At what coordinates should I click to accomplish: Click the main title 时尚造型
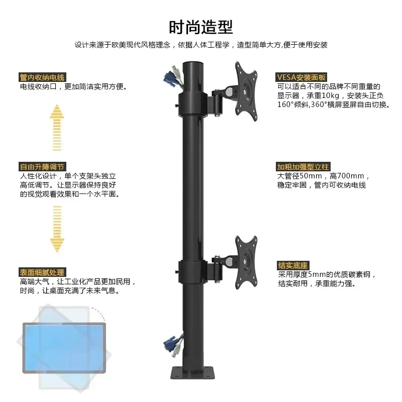coord(200,27)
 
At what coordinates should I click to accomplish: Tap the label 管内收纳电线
coord(43,77)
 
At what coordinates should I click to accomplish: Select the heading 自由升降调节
coord(43,167)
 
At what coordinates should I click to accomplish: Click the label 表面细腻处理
coord(43,272)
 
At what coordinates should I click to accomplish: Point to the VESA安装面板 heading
coord(301,77)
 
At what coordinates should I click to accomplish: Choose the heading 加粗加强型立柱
coord(303,167)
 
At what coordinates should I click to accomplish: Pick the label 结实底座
coord(293,265)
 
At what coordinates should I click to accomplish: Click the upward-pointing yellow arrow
coord(57,128)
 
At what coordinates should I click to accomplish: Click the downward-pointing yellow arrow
coord(57,229)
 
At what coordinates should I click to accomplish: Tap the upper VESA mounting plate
coord(246,91)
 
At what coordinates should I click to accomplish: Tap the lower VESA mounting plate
coord(246,262)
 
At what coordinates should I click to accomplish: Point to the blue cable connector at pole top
coord(169,78)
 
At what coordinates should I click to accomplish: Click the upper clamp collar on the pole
coord(193,105)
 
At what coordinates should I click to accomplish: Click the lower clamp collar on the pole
coord(193,272)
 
